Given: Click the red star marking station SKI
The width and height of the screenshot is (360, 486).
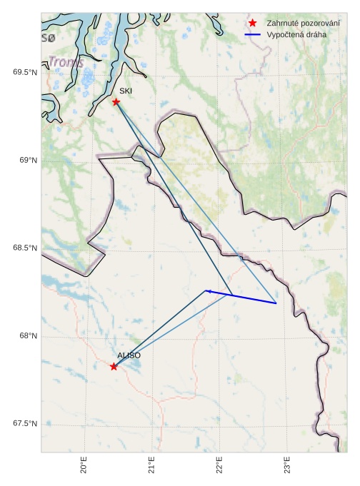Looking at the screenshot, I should (116, 102).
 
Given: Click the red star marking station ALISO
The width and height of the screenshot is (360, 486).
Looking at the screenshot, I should (114, 366).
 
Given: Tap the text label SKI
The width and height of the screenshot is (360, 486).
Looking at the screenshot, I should (126, 91).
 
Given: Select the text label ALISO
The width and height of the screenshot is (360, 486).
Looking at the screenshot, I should (129, 355).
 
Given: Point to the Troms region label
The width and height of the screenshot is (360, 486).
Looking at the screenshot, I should (66, 63).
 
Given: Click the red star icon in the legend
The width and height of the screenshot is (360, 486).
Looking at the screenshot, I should (252, 24).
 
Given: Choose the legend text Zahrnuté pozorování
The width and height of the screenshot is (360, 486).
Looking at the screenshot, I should (303, 24).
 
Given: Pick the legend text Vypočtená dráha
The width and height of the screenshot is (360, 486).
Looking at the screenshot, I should (296, 34).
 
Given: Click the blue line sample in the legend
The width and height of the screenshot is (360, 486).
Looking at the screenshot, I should (252, 34).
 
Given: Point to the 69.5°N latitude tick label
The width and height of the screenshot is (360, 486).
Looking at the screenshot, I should (25, 72).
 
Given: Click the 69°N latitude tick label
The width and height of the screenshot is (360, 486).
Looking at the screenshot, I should (28, 161).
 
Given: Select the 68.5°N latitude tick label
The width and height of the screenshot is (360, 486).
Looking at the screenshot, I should (25, 248).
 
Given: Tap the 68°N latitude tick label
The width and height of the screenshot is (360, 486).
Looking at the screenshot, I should (28, 336).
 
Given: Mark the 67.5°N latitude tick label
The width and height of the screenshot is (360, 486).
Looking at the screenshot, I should (25, 424).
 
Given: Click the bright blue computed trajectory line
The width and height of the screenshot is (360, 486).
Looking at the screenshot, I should (243, 298).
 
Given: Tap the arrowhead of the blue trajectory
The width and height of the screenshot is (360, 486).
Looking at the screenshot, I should (208, 291).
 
